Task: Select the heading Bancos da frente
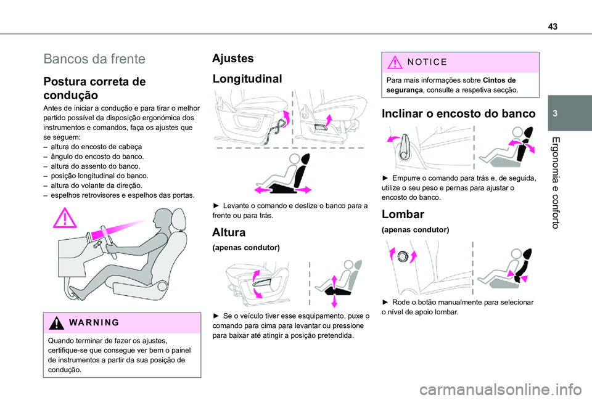94,59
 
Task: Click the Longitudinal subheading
247,79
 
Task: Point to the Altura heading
229,232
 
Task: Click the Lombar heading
403,214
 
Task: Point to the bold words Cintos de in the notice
499,80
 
